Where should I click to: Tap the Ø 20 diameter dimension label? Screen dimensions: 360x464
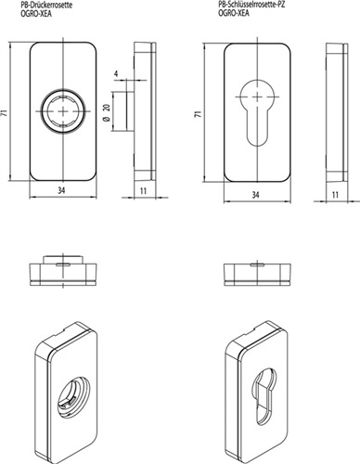(107, 112)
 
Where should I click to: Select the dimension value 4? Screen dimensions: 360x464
(116, 73)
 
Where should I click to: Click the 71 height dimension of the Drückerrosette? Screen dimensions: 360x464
(5, 112)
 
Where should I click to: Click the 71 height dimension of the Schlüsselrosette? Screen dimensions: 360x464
(199, 113)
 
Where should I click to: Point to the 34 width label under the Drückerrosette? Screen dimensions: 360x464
(62, 190)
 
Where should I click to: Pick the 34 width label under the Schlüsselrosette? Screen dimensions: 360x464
(255, 195)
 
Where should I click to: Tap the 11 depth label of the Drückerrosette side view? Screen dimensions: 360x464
(143, 191)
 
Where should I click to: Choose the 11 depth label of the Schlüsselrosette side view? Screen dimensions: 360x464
(335, 195)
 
